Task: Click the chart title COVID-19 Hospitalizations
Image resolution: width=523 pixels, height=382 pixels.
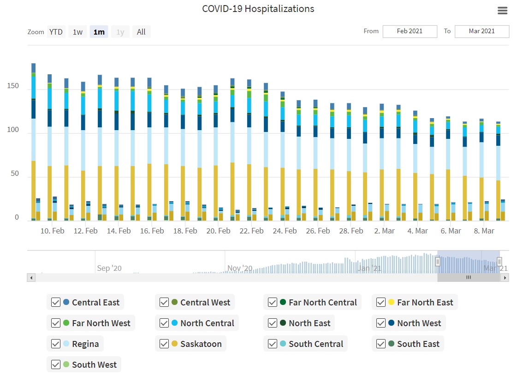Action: point(258,9)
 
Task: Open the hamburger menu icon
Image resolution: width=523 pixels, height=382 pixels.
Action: point(503,11)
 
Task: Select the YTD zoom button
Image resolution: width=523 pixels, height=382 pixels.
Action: point(56,32)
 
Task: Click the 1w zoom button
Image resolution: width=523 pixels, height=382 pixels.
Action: point(77,32)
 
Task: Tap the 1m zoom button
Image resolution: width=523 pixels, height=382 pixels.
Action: point(99,32)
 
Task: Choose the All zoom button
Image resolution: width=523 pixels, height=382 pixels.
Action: point(141,32)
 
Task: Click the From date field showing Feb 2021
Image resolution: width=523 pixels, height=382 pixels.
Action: point(410,31)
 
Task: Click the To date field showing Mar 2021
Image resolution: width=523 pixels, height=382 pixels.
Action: point(481,31)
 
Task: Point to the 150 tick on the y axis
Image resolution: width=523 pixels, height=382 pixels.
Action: point(13,86)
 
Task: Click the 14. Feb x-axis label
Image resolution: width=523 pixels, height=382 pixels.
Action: point(119,231)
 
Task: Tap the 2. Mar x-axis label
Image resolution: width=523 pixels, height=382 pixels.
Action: point(384,231)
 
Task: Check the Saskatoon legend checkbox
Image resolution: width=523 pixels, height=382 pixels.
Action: point(164,344)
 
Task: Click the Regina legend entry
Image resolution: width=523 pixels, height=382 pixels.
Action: point(85,344)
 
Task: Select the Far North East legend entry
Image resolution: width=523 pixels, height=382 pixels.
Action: point(425,302)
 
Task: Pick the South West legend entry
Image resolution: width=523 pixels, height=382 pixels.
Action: point(94,364)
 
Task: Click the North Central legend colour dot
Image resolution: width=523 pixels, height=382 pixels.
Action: point(175,323)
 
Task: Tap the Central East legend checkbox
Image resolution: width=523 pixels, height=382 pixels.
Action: point(56,302)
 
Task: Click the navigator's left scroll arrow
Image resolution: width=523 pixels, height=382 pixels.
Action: point(31,277)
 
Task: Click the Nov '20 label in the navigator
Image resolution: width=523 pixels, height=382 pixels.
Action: point(240,268)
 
